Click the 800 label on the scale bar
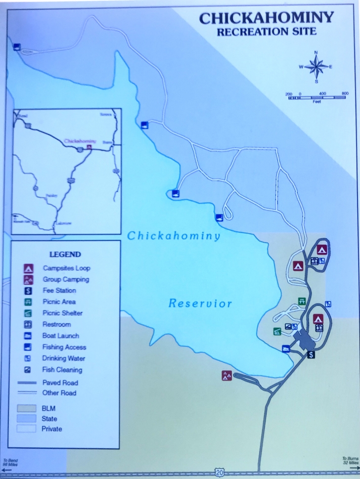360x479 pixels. pyautogui.click(x=345, y=93)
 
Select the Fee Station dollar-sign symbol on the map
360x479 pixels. pyautogui.click(x=311, y=354)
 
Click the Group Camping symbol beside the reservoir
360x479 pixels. pyautogui.click(x=227, y=376)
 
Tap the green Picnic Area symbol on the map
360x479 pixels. pyautogui.click(x=302, y=301)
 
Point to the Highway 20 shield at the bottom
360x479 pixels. pyautogui.click(x=220, y=473)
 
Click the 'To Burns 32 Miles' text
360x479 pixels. pyautogui.click(x=350, y=461)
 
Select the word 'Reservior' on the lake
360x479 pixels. pyautogui.click(x=200, y=303)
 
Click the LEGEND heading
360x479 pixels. pyautogui.click(x=65, y=255)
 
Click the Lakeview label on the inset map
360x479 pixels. pyautogui.click(x=63, y=223)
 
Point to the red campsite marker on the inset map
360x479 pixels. pyautogui.click(x=89, y=147)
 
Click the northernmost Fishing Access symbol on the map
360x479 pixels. pyautogui.click(x=17, y=47)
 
